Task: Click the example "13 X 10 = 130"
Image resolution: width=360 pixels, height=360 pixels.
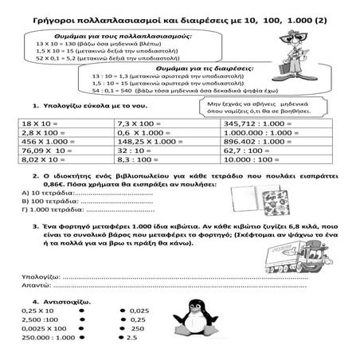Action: tap(64, 45)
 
